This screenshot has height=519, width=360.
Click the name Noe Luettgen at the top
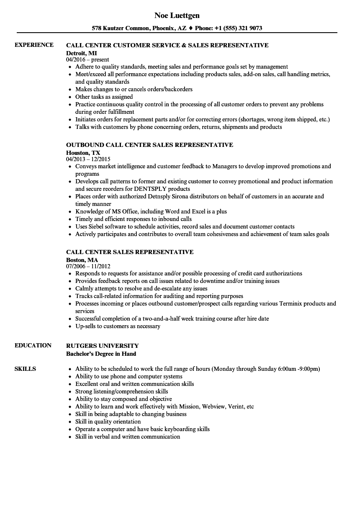(177, 15)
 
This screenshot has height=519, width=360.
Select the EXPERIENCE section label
(34, 45)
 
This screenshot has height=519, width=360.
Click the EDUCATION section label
(33, 345)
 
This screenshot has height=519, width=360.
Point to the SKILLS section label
(25, 369)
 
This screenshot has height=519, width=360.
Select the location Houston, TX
(83, 152)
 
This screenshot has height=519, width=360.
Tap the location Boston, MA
(82, 259)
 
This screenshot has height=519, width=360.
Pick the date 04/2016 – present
(87, 60)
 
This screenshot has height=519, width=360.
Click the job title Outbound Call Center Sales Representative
(149, 145)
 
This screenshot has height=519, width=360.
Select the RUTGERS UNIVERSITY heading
(103, 346)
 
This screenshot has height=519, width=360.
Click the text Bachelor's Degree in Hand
(101, 353)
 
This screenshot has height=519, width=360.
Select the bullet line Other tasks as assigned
(104, 97)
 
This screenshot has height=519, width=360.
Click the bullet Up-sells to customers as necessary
(118, 326)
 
